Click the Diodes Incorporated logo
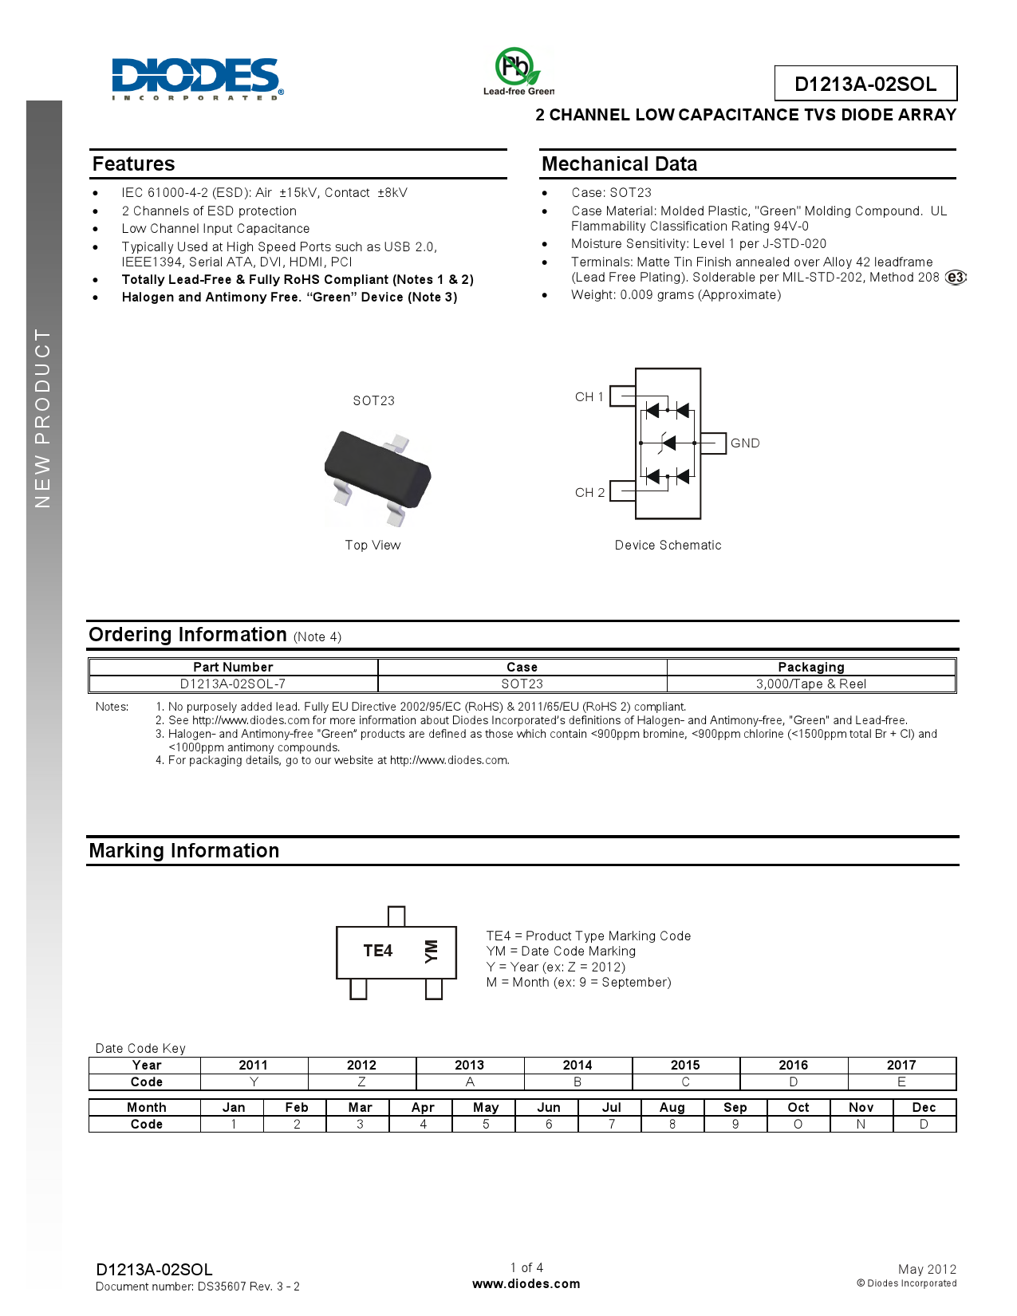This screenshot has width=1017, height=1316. (196, 78)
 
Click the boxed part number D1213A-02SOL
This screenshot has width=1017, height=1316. (865, 84)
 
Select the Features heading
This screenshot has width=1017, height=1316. (133, 164)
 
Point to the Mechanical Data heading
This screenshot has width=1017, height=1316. (619, 164)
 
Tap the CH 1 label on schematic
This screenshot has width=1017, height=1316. (589, 397)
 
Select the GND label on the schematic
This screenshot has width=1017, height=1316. (745, 443)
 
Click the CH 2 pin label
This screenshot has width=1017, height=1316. (589, 493)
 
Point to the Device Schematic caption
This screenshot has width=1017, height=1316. (668, 546)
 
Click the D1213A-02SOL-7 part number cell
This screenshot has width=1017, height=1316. (233, 684)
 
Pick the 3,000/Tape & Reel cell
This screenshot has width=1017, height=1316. (811, 684)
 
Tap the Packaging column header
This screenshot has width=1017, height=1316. (811, 668)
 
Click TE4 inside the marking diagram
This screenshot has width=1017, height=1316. (377, 951)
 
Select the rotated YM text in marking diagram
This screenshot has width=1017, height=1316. (431, 951)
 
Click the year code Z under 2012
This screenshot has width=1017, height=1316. (361, 1082)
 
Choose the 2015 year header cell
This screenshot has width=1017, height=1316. (685, 1066)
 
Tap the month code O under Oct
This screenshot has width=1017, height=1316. (798, 1125)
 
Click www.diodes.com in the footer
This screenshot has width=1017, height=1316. (526, 1284)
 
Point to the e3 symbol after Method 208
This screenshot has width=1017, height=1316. (956, 278)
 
